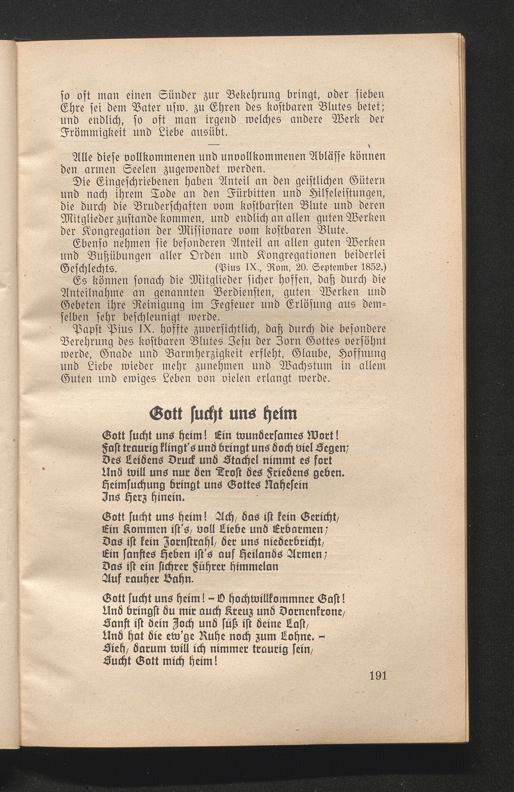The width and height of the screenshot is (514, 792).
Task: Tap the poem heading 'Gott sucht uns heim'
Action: [223, 414]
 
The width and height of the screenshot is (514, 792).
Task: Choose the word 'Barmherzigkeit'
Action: [202, 354]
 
